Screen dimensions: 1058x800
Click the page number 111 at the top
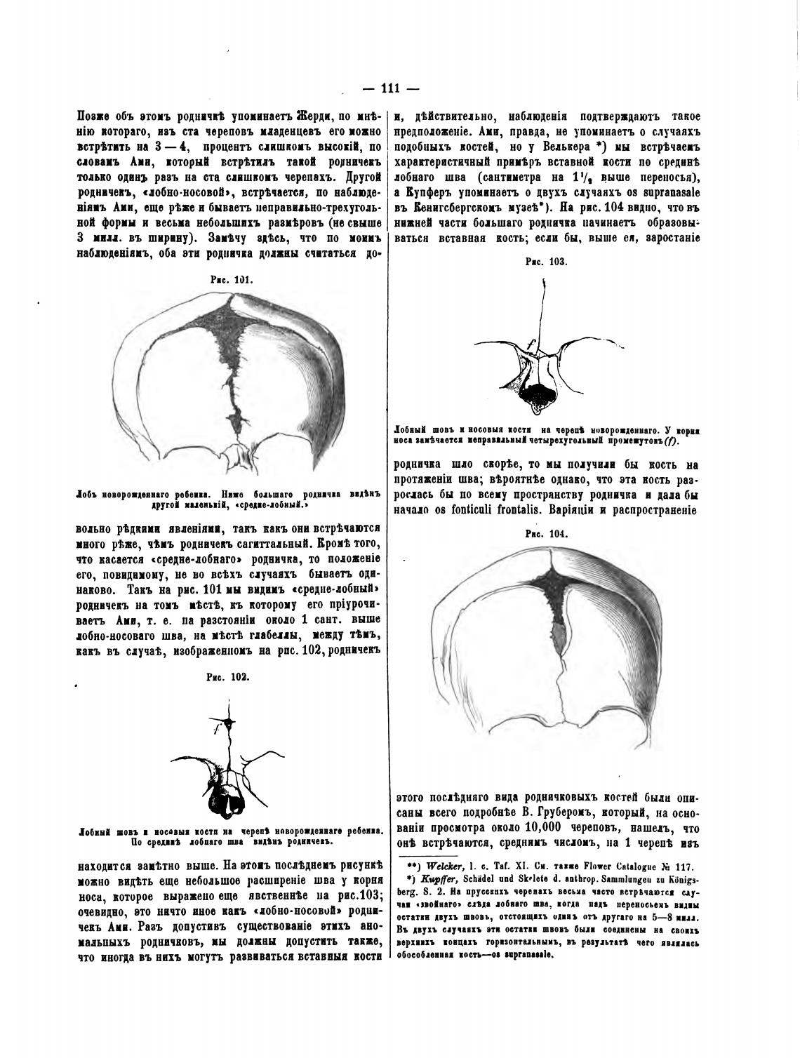click(389, 89)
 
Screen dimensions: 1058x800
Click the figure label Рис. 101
click(231, 279)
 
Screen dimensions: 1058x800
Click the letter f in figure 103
click(532, 343)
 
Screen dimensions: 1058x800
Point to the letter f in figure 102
click(218, 730)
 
